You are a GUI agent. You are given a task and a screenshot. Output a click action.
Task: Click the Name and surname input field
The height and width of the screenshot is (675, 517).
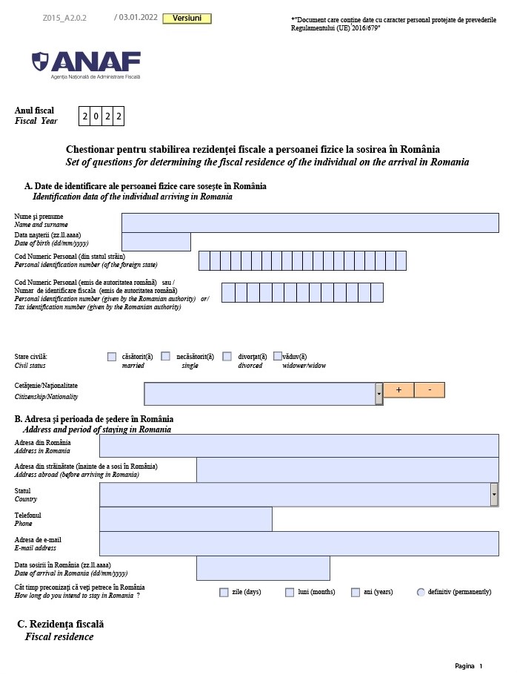pos(310,223)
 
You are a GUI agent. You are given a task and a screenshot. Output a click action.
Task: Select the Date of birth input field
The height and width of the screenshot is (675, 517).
pos(156,242)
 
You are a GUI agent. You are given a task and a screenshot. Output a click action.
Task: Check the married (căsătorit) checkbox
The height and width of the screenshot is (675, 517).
pos(112,357)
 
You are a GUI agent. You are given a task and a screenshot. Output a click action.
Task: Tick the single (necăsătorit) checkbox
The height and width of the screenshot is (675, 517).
pos(166,357)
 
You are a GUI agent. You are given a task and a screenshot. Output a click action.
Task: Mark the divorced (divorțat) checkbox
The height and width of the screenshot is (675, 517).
pos(227,357)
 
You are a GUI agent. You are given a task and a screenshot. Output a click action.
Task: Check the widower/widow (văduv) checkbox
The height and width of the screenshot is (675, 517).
pos(278,356)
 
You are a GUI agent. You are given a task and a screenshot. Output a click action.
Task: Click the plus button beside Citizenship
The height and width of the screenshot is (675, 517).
pos(398,390)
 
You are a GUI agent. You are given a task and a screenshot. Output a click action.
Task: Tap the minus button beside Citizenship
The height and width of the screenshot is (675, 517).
pos(430,390)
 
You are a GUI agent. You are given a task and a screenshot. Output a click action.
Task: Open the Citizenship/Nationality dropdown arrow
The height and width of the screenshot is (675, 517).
pos(378,394)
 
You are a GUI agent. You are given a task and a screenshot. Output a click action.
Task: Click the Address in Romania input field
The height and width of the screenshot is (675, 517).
pos(298,446)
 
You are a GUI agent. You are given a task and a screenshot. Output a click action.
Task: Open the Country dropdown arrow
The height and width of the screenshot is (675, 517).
pos(494,494)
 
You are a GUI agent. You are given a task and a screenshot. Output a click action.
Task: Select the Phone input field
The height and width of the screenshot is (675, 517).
pos(185,519)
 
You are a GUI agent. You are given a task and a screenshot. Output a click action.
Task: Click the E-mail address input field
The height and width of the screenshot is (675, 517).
pos(298,544)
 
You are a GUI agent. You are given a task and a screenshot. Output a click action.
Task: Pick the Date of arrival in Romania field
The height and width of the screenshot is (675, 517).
pos(263,568)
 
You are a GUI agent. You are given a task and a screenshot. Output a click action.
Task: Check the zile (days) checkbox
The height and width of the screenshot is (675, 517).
pos(224,592)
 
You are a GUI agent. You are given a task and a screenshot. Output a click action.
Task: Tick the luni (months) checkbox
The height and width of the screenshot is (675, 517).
pos(290,592)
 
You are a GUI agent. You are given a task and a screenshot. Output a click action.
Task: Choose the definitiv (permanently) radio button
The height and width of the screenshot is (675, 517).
pos(421,592)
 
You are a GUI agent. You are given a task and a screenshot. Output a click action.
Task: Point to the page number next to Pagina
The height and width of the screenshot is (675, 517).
pos(481,665)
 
